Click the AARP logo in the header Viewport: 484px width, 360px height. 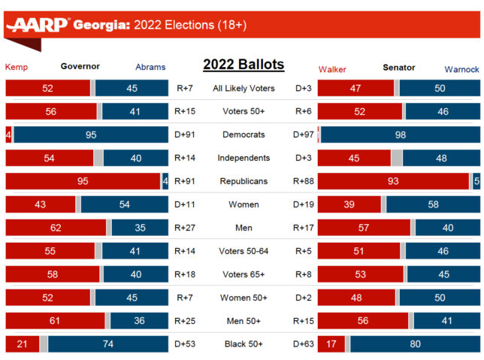pos(38,26)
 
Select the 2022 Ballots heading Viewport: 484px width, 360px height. pos(244,65)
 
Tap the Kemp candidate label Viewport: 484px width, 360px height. pos(17,67)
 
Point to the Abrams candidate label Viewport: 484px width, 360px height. pos(150,67)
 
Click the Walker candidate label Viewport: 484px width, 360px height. pos(332,68)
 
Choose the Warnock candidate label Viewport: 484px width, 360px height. pos(461,68)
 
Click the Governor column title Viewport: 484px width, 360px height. pos(80,66)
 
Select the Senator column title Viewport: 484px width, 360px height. pos(398,67)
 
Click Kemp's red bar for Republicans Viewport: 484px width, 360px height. pos(83,181)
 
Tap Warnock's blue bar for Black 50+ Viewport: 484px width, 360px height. pos(414,344)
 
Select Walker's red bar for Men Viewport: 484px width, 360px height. pos(364,228)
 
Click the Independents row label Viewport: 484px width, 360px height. pos(244,158)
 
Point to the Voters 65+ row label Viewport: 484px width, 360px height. pos(244,274)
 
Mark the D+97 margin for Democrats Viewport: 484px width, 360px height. pos(303,135)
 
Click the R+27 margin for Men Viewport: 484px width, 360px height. pos(184,228)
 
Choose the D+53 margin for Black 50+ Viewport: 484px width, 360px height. pos(184,344)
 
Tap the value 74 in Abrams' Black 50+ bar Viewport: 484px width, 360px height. pos(107,344)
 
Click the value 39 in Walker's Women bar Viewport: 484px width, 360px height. pos(349,204)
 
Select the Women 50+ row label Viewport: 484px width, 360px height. pos(244,298)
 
